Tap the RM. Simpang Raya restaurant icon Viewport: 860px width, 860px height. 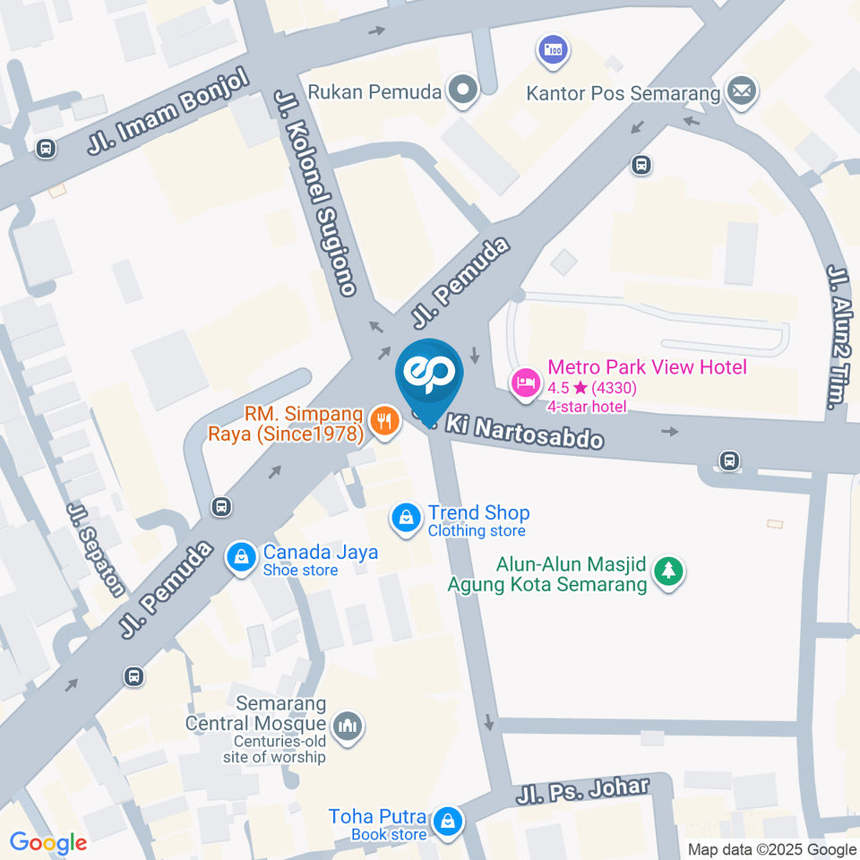coord(384,418)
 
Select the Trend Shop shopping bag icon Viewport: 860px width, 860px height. coord(407,518)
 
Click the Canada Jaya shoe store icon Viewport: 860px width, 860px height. coord(241,557)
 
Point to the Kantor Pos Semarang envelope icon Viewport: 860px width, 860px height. coord(742,91)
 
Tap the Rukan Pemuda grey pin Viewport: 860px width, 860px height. coord(463,90)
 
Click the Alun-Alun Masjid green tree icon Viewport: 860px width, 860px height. coord(666,571)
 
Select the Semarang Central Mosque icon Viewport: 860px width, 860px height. coord(347,727)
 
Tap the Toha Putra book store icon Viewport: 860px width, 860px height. coord(446,820)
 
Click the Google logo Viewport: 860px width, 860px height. coord(48,843)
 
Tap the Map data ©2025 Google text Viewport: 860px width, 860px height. coord(772,849)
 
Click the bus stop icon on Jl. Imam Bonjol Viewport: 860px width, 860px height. coord(45,148)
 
